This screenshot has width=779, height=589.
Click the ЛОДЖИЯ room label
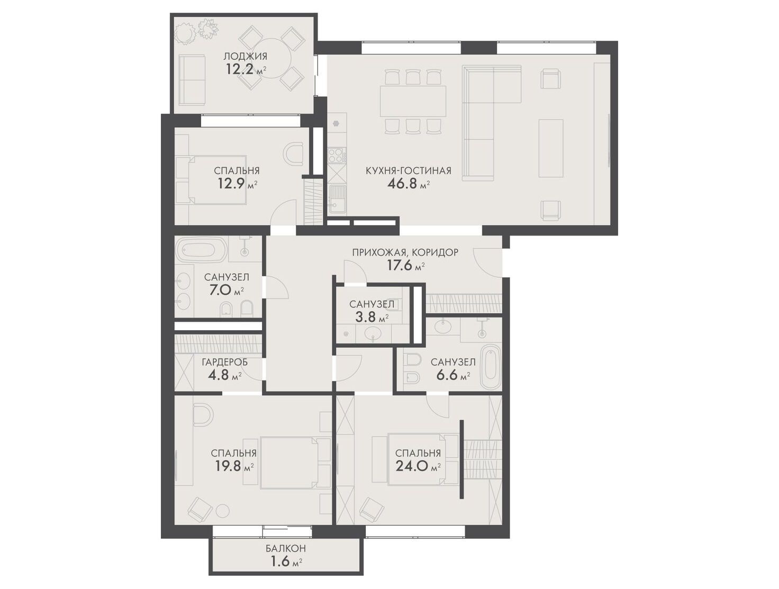point(245,57)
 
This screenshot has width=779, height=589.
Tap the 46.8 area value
point(403,184)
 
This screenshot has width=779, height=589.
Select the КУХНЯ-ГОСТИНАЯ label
point(409,171)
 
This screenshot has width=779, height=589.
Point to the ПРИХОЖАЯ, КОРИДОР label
point(405,252)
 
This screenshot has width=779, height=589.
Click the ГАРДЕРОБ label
point(224,363)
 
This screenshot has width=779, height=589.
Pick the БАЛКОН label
point(286,548)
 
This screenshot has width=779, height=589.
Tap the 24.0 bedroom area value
point(412,466)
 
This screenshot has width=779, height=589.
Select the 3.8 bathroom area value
point(366,316)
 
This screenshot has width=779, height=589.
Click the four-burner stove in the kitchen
point(337,156)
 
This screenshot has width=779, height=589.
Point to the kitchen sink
point(337,199)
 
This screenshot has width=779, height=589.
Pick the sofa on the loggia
point(192,80)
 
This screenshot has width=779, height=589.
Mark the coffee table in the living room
point(550,148)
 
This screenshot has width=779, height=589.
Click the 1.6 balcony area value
point(280,561)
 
